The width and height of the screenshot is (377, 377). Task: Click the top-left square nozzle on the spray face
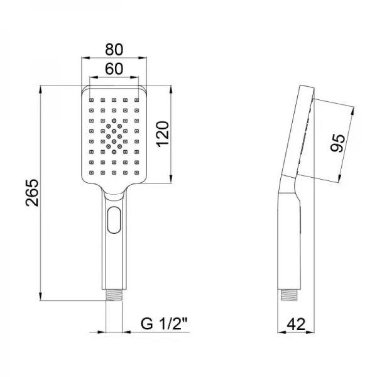92,99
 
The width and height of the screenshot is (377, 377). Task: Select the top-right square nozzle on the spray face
136,99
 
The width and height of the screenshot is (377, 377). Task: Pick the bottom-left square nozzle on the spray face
92,172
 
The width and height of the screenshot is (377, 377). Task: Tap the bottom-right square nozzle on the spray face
136,172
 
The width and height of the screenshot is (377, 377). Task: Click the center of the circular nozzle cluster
114,135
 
